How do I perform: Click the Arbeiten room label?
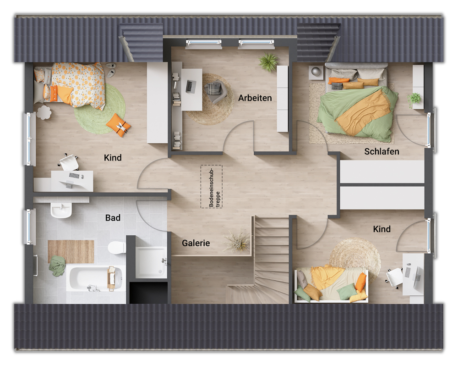click(x=255, y=98)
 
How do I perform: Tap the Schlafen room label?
click(x=382, y=151)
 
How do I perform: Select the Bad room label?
click(x=113, y=217)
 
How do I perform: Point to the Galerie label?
click(x=196, y=243)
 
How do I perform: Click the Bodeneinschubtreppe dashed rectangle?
click(x=211, y=187)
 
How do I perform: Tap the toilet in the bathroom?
click(x=116, y=247)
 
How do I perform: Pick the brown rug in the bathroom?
click(x=71, y=251)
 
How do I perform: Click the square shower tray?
click(x=151, y=262)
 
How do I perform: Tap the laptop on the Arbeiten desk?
click(x=191, y=85)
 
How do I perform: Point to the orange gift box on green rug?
click(x=118, y=125)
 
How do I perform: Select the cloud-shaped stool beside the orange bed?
click(x=44, y=112)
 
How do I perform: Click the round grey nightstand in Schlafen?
click(x=316, y=72)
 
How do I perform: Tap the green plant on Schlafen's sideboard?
click(x=415, y=98)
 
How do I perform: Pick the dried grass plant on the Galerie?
click(x=238, y=240)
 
